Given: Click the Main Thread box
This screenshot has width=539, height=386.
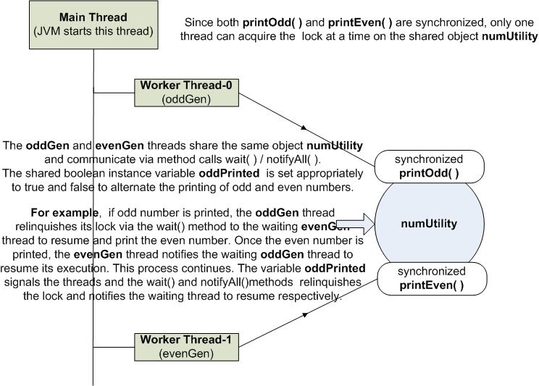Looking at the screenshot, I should pyautogui.click(x=94, y=25).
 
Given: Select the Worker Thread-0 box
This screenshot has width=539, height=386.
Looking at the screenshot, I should pyautogui.click(x=186, y=93).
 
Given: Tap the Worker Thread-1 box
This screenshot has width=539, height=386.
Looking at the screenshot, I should pyautogui.click(x=186, y=345).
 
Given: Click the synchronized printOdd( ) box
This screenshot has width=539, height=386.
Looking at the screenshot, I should pyautogui.click(x=428, y=167).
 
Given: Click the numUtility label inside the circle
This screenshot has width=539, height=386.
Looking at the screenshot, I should pyautogui.click(x=429, y=223).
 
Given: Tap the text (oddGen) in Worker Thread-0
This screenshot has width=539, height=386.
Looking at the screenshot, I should pyautogui.click(x=186, y=99).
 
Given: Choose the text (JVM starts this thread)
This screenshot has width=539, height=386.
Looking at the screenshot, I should pyautogui.click(x=94, y=31).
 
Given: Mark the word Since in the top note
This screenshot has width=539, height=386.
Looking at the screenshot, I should pyautogui.click(x=199, y=22).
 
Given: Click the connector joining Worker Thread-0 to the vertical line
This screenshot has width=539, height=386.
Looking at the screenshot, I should pyautogui.click(x=115, y=93).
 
